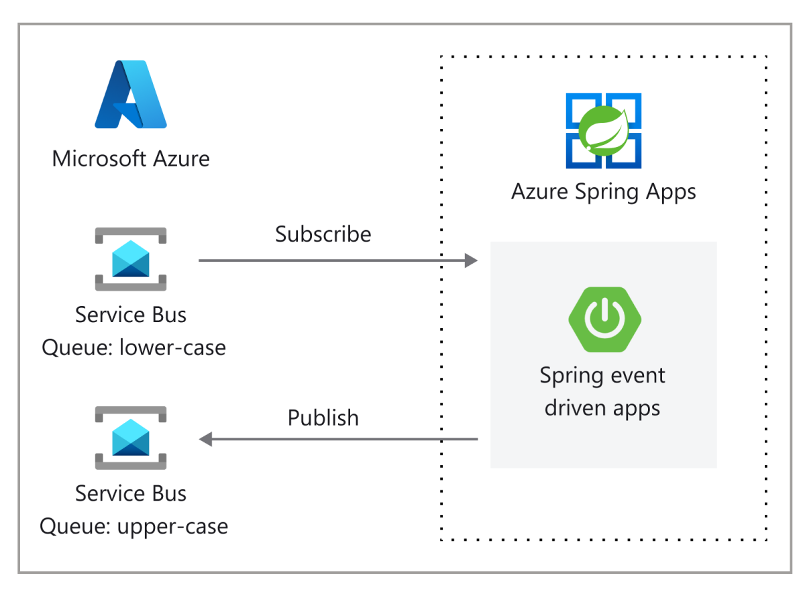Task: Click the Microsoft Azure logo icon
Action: [x=131, y=95]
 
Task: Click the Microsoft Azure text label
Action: [x=131, y=159]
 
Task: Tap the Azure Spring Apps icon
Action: [x=604, y=130]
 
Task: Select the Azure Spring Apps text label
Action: [x=604, y=192]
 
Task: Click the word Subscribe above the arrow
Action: [x=323, y=234]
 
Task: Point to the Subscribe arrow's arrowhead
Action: [x=472, y=260]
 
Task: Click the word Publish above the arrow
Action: [x=323, y=417]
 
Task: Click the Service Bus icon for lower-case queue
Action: [x=131, y=259]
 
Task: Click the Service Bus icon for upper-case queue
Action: [x=131, y=438]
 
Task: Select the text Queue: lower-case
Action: [x=133, y=348]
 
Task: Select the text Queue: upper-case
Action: [x=133, y=526]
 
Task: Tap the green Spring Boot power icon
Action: [x=603, y=319]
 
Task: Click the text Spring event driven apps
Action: [x=602, y=391]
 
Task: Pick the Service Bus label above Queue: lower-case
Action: [x=131, y=315]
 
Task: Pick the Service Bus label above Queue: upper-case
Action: [x=131, y=493]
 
